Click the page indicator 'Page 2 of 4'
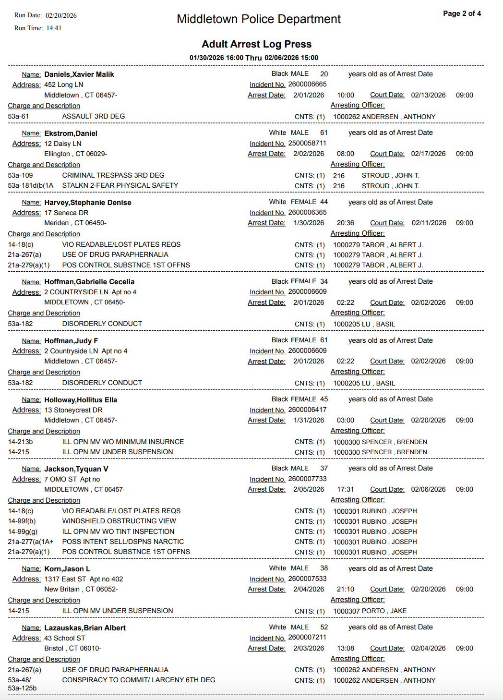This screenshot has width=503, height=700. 462,13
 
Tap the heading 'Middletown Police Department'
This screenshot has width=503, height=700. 259,19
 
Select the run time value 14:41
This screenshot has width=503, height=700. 54,28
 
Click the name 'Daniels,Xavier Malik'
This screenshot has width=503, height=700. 79,74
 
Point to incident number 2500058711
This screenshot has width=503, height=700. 307,144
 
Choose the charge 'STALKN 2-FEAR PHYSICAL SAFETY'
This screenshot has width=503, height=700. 120,185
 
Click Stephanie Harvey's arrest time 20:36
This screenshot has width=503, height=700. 346,223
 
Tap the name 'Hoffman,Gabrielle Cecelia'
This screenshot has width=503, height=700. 89,282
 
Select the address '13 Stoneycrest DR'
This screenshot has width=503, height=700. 73,410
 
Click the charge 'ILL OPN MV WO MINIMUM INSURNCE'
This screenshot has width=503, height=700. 123,442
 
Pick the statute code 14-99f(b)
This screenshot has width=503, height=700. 22,521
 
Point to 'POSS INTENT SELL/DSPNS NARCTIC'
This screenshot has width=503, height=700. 123,542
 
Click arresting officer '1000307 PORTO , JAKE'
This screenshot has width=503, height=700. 370,611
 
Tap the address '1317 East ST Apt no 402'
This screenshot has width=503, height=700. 84,579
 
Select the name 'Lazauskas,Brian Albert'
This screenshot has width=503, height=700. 85,628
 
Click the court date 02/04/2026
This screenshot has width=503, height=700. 428,648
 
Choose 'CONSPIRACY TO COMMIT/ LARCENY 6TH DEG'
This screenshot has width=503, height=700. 139,680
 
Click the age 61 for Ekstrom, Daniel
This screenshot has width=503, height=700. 324,133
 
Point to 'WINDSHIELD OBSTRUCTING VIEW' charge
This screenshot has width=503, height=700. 119,521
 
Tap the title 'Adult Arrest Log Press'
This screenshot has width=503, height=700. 256,44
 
